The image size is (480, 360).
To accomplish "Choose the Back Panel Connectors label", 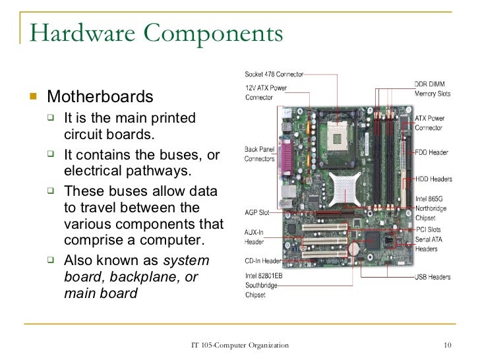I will point(260,154).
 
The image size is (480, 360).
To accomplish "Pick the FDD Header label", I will point(432,153).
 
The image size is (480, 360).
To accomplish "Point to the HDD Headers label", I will point(433,179).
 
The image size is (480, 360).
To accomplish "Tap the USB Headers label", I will point(433,277).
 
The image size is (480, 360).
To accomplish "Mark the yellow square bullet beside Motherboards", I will point(36,98).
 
